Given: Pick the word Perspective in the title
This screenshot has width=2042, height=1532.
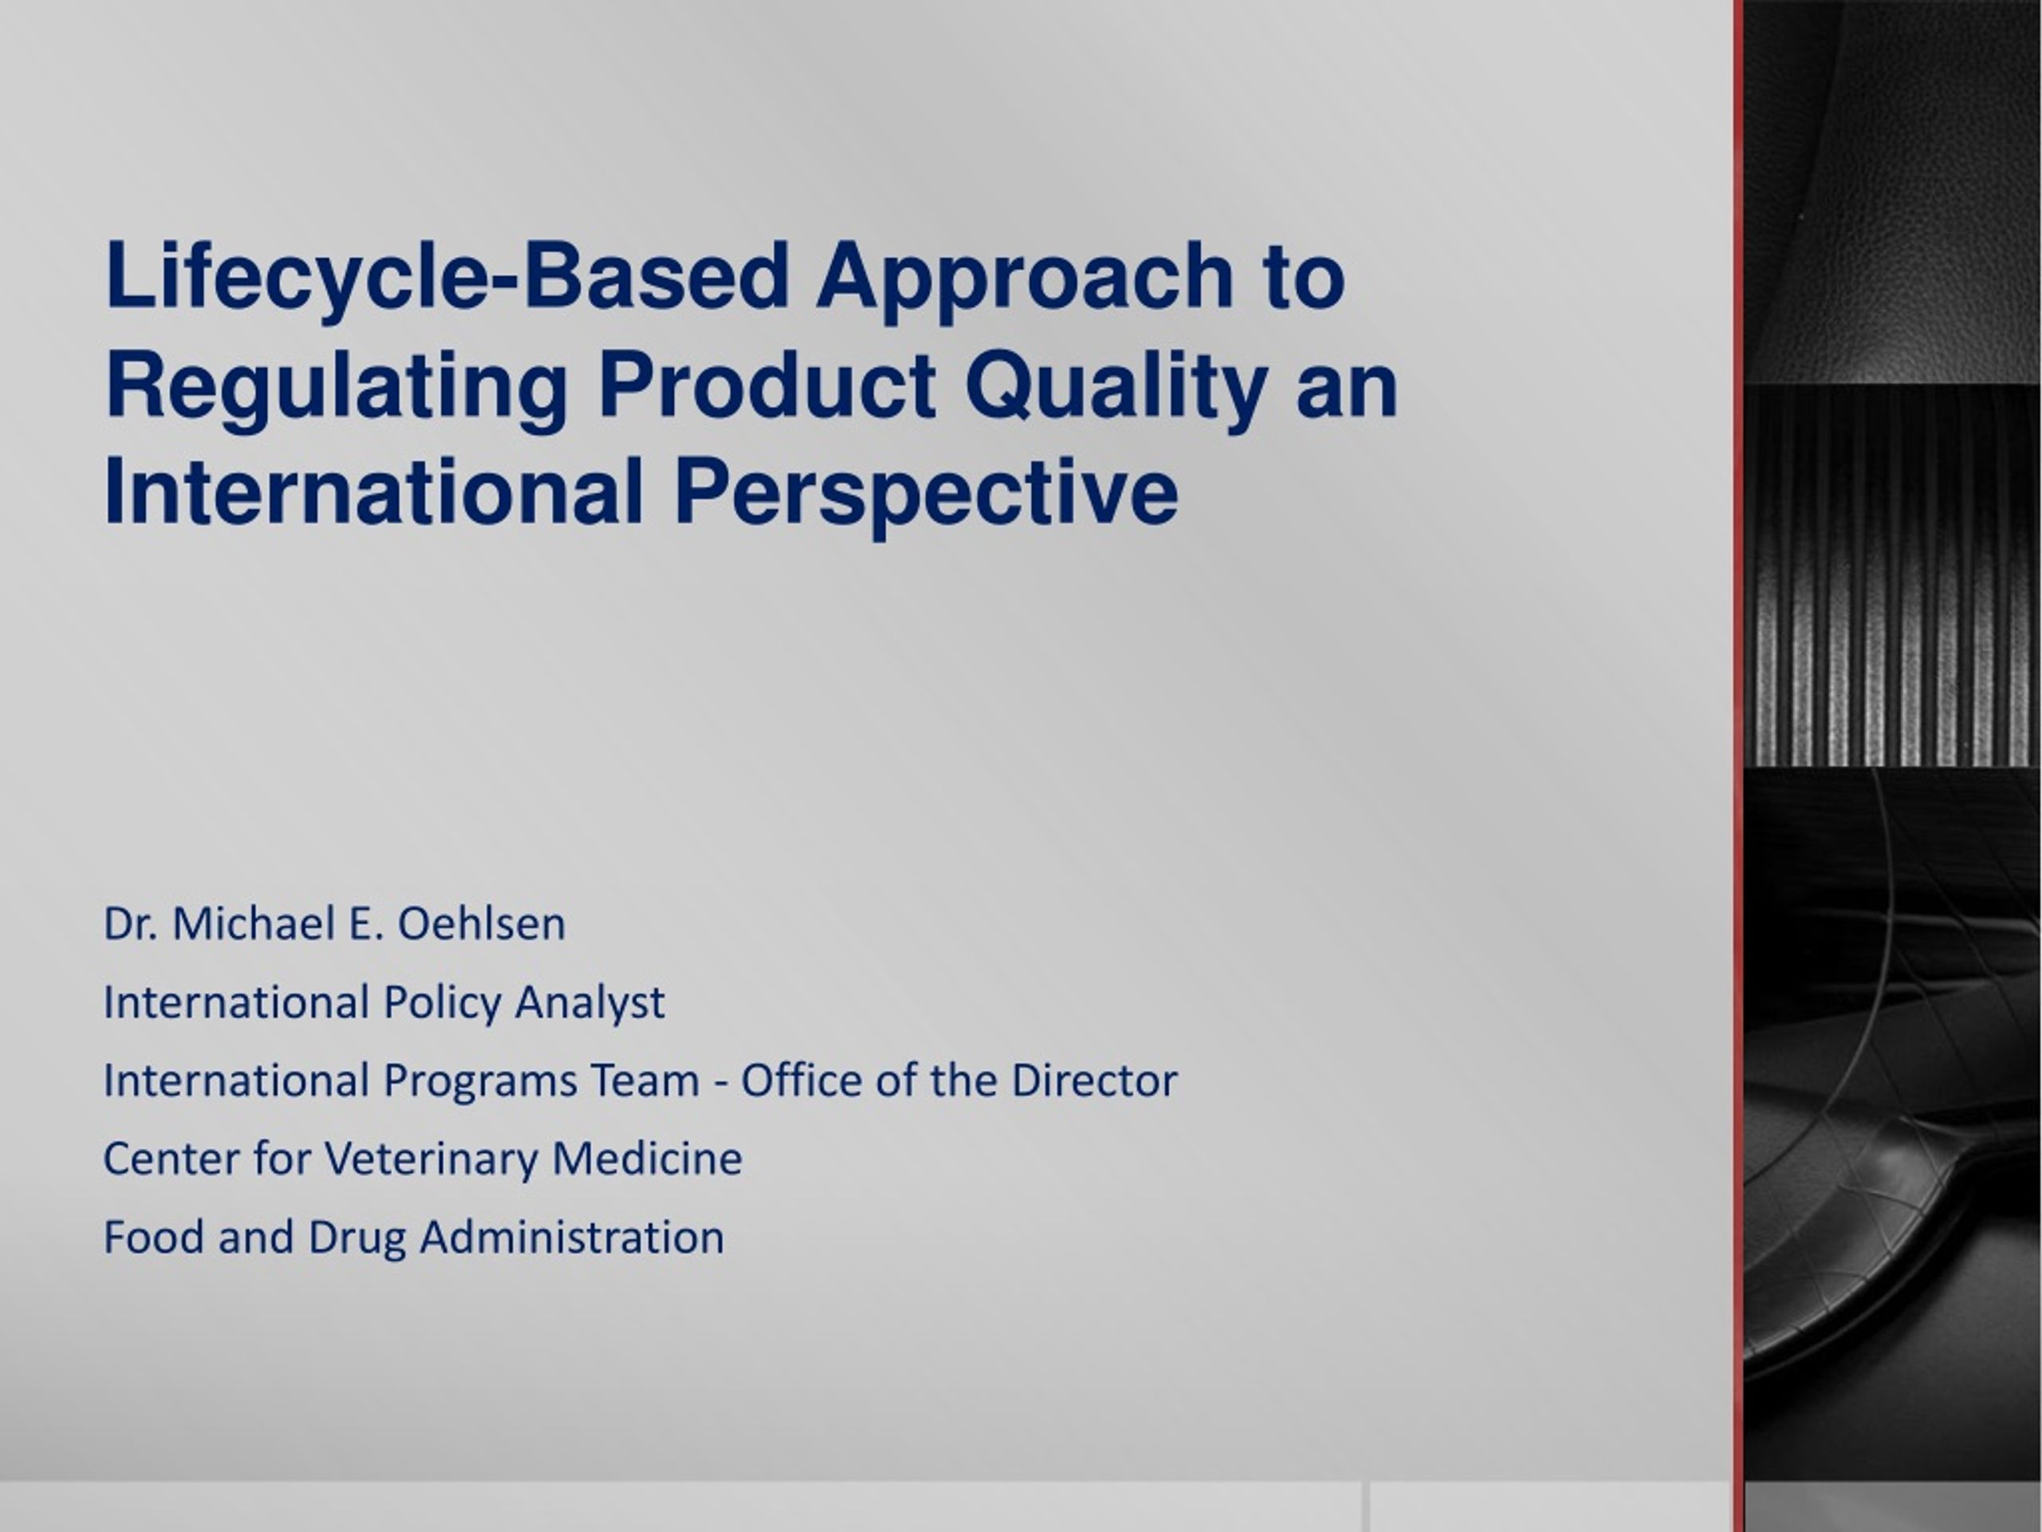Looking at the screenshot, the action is [926, 495].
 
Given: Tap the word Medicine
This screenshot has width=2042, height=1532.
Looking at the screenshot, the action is [646, 1159].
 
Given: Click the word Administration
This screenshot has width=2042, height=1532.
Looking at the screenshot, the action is [571, 1238].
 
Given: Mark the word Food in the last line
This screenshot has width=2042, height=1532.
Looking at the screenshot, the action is [154, 1238].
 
